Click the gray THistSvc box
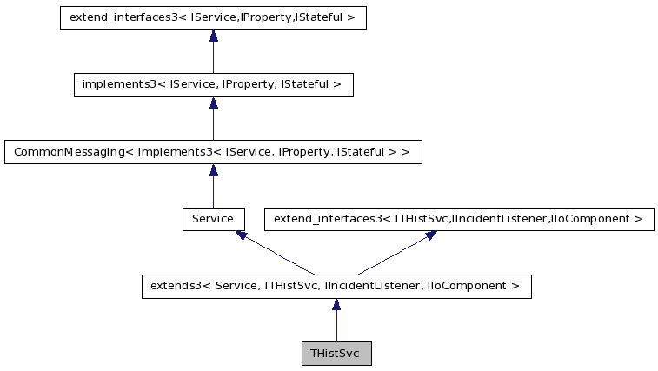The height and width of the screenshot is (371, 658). click(x=336, y=354)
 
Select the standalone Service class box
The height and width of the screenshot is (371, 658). click(x=213, y=219)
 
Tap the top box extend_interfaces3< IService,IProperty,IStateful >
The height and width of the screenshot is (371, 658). click(x=213, y=17)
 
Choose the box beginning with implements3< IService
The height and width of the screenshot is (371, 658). click(x=213, y=84)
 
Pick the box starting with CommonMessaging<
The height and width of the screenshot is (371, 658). click(x=213, y=152)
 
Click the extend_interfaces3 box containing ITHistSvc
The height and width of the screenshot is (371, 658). click(x=458, y=219)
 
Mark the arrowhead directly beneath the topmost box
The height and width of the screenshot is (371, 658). click(x=213, y=36)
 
